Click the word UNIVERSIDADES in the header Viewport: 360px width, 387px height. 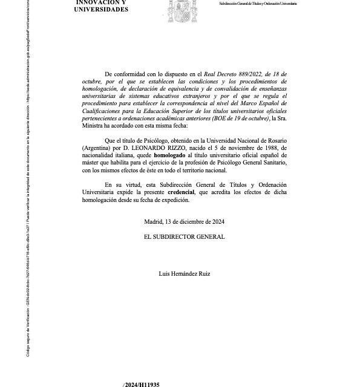click(101, 10)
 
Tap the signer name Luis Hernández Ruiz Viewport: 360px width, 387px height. click(184, 274)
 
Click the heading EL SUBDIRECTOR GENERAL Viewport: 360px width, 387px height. click(184, 236)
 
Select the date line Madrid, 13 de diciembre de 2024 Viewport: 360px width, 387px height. click(184, 221)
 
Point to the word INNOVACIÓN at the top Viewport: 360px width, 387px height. click(101, 2)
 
